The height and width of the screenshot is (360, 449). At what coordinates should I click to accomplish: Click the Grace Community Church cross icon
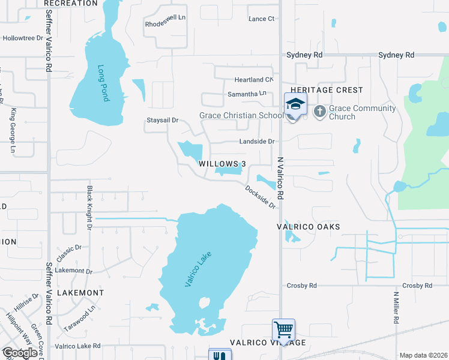(319, 111)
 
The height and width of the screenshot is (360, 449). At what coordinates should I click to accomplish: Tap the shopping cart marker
(283, 329)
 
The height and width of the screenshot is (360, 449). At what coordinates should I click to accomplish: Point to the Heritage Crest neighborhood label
(327, 90)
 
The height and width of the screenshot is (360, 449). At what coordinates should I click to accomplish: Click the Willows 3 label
(223, 164)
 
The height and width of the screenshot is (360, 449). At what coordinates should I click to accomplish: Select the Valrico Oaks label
(308, 227)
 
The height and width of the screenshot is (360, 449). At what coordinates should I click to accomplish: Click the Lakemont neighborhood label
(80, 293)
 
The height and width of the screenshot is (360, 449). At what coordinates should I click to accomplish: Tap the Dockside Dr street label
(260, 197)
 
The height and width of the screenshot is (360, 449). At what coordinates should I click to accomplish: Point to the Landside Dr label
(256, 142)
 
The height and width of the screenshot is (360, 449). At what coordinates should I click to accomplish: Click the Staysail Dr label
(163, 120)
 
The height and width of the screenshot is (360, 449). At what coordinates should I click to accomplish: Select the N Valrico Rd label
(280, 179)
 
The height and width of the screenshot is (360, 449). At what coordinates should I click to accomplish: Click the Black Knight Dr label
(89, 208)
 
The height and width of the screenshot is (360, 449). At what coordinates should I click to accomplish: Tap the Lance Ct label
(261, 19)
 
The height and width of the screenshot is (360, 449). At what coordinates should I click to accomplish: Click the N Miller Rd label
(396, 308)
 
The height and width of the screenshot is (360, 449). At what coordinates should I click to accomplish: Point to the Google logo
(19, 353)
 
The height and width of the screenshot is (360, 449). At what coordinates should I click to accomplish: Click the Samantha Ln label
(246, 94)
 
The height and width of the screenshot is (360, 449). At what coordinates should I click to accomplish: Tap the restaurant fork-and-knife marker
(218, 355)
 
